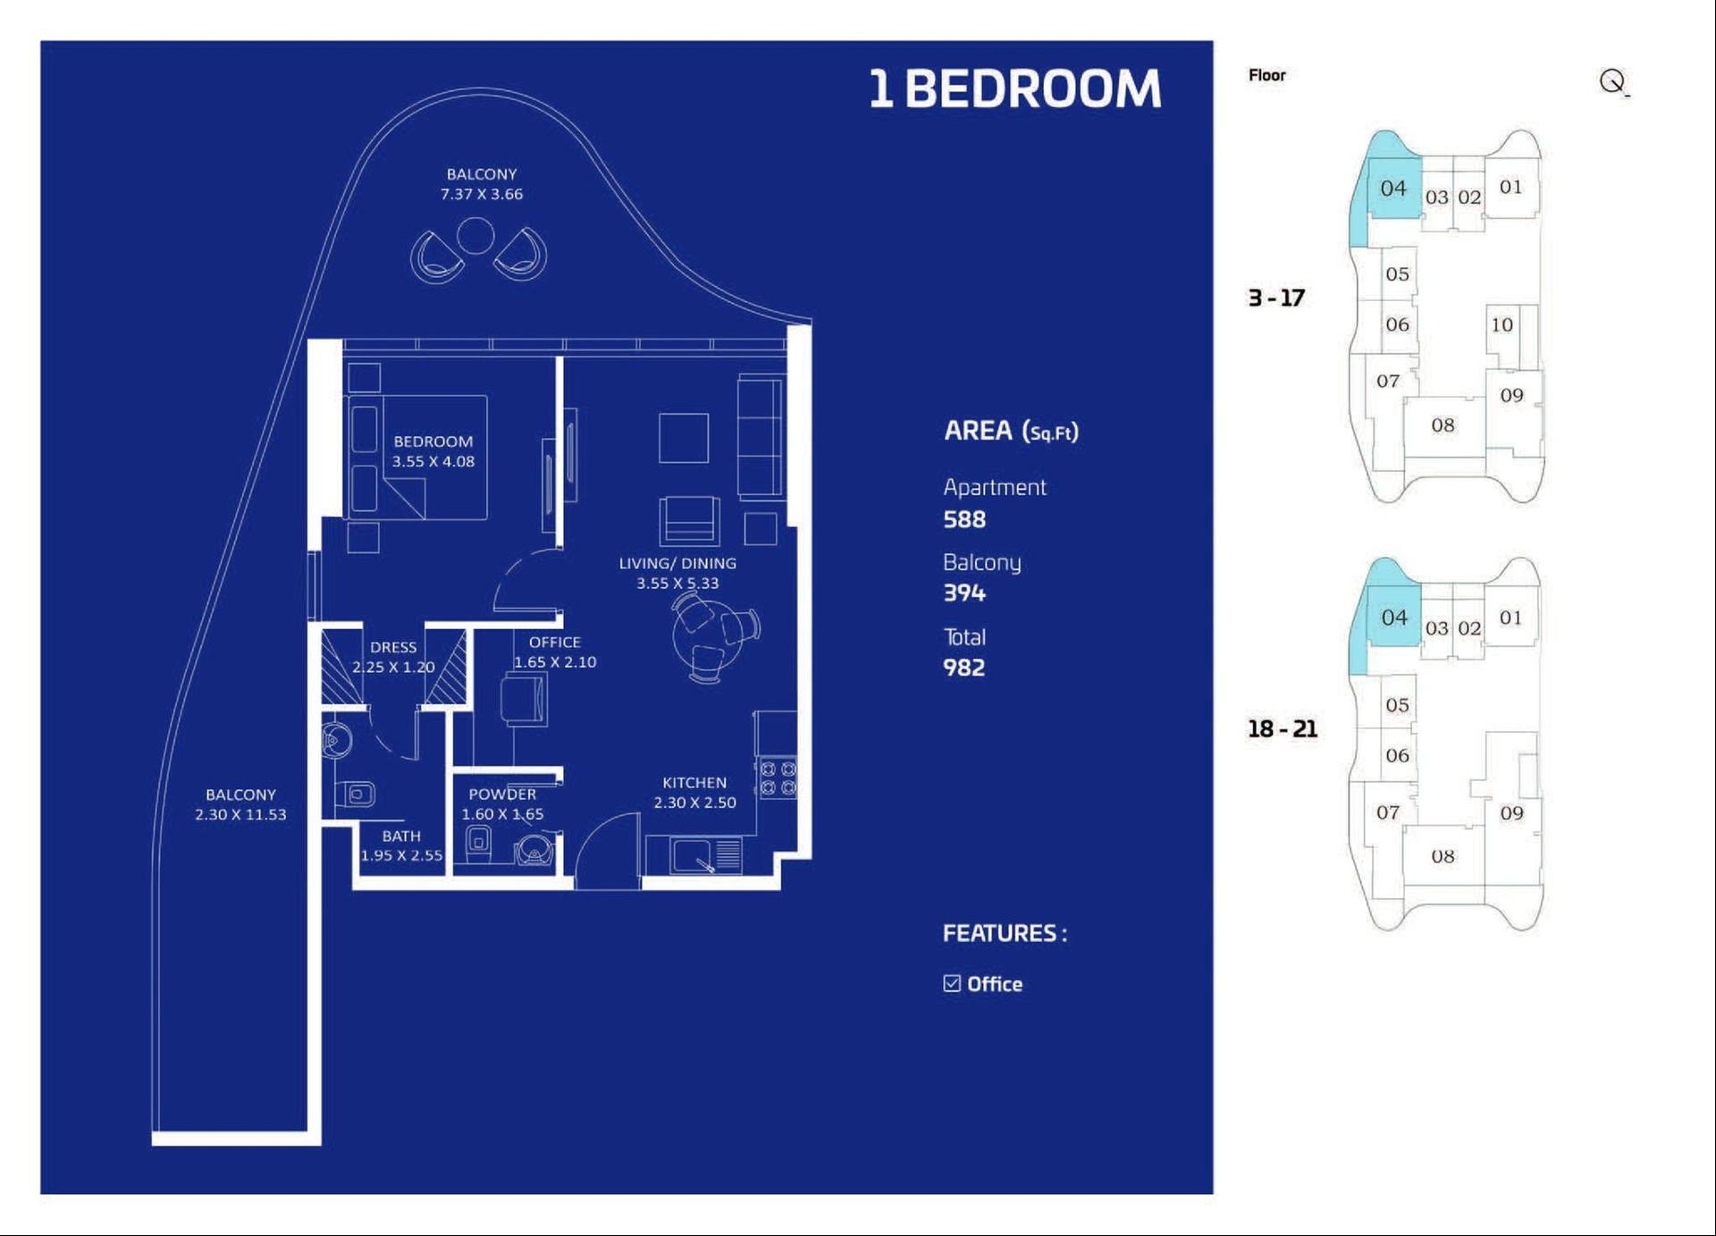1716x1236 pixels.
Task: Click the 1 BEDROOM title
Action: [x=1015, y=89]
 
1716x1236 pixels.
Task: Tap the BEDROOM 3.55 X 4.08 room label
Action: [x=433, y=451]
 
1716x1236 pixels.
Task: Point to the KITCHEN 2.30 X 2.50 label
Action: [x=694, y=793]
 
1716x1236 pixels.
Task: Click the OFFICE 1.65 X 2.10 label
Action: [x=555, y=652]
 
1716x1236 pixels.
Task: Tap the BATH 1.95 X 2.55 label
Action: [x=401, y=845]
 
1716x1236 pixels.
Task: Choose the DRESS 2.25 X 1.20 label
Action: [x=393, y=657]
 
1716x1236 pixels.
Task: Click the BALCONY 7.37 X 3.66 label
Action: [x=482, y=184]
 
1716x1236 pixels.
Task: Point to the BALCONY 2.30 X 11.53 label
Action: [x=240, y=804]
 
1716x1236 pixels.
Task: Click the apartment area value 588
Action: [x=964, y=519]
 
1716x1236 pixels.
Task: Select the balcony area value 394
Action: [x=964, y=593]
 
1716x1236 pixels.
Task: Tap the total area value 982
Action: [x=963, y=668]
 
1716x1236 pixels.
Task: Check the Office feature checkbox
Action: [x=952, y=984]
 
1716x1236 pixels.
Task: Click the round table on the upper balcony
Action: [x=475, y=236]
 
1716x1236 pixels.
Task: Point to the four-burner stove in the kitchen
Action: [x=778, y=778]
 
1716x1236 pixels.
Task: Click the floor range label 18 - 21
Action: [x=1283, y=729]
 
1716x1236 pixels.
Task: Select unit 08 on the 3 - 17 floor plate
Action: [x=1443, y=425]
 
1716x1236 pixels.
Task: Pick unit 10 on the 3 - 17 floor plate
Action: [x=1501, y=324]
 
